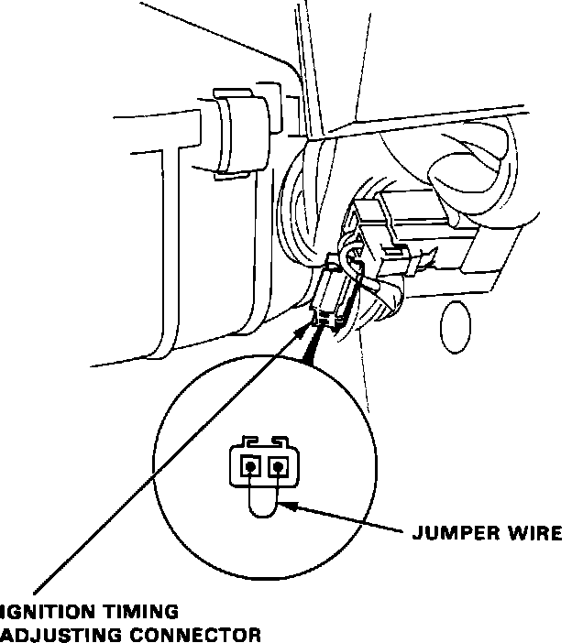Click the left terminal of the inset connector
(x=249, y=468)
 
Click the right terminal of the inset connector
(x=278, y=468)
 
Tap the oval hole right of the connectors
(x=454, y=328)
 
